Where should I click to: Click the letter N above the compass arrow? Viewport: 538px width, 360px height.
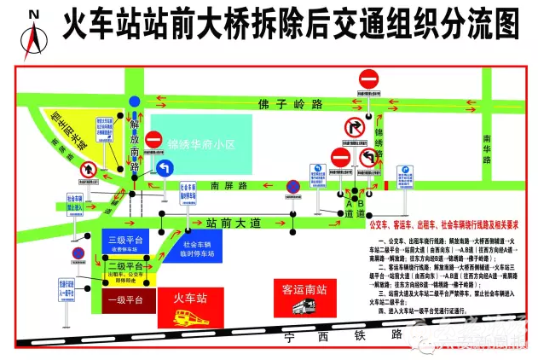(33, 15)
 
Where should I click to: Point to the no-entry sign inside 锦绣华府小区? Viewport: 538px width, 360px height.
(153, 140)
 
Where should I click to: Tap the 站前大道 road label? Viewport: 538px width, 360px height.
(234, 223)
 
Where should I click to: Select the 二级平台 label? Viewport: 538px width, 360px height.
(125, 266)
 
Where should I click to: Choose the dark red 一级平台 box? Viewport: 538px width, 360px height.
(128, 300)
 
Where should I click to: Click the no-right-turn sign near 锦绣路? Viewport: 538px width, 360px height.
(352, 129)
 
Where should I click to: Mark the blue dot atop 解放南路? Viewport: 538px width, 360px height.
(134, 101)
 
